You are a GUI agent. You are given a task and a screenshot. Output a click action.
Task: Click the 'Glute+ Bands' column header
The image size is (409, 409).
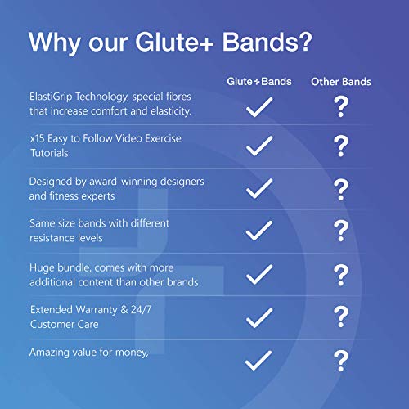[x=258, y=82]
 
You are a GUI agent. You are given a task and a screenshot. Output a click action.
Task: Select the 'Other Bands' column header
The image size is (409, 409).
[x=341, y=82]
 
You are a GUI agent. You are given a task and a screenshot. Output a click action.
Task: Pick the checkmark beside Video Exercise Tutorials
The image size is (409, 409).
[x=258, y=146]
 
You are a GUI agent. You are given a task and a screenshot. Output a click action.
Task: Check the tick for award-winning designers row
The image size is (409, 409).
[x=258, y=188]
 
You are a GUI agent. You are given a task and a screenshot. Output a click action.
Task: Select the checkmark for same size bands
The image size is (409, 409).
[x=258, y=231]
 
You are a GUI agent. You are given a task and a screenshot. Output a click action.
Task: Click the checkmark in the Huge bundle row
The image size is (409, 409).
[x=258, y=273]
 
